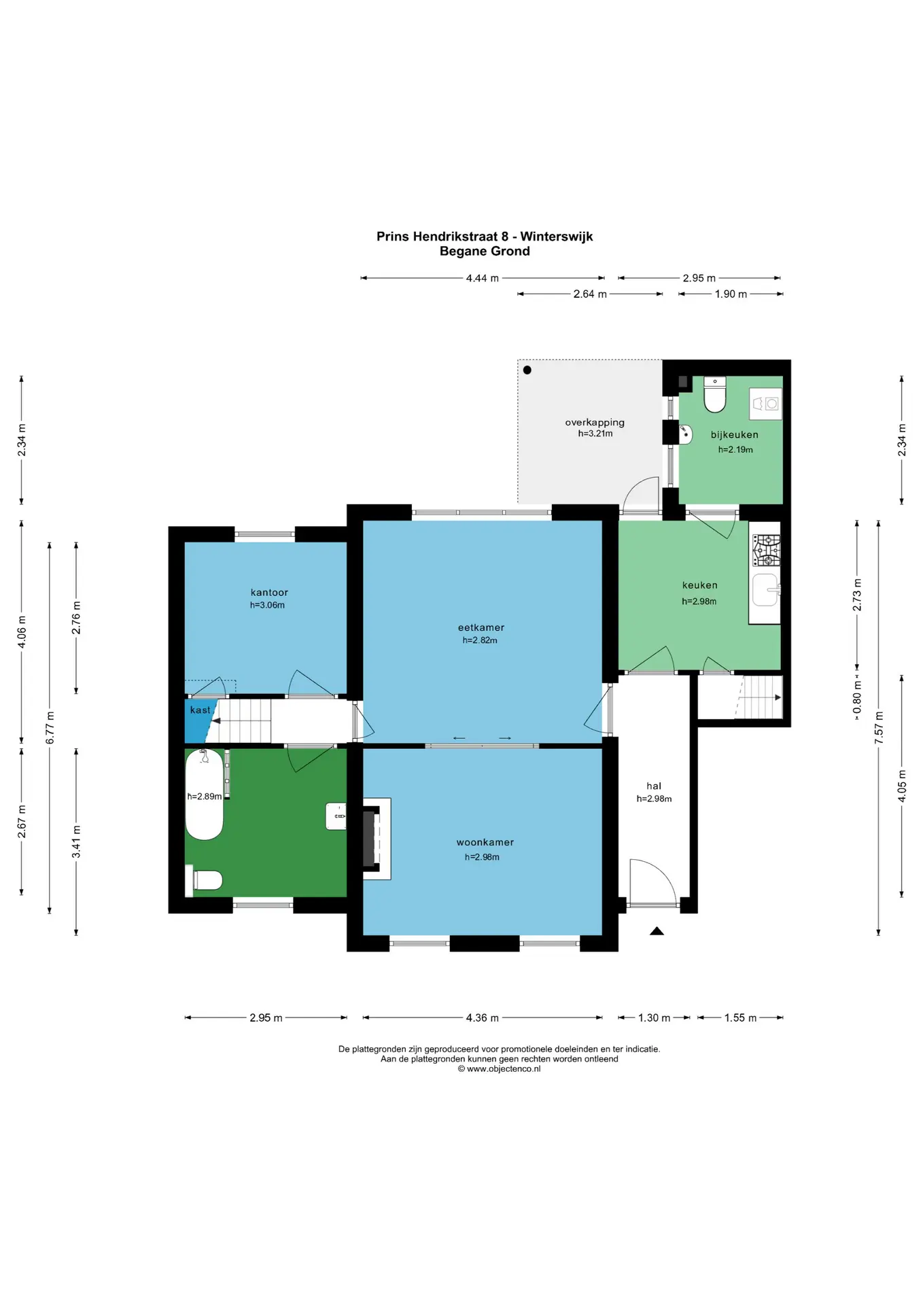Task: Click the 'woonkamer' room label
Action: pyautogui.click(x=485, y=842)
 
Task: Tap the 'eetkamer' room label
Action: pyautogui.click(x=481, y=627)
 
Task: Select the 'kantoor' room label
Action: pyautogui.click(x=269, y=592)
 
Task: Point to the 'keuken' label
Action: pyautogui.click(x=700, y=585)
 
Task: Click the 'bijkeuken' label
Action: pyautogui.click(x=735, y=434)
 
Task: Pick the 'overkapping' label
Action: pyautogui.click(x=595, y=422)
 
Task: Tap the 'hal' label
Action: pyautogui.click(x=654, y=786)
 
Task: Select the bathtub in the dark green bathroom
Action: pyautogui.click(x=204, y=795)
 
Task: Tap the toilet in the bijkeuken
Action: pyautogui.click(x=715, y=394)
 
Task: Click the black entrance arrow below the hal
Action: pyautogui.click(x=657, y=931)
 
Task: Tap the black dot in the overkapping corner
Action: pyautogui.click(x=527, y=370)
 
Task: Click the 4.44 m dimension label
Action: pyautogui.click(x=483, y=278)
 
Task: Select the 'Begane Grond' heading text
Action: pyautogui.click(x=485, y=251)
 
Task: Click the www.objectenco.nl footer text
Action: pyautogui.click(x=500, y=1068)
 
